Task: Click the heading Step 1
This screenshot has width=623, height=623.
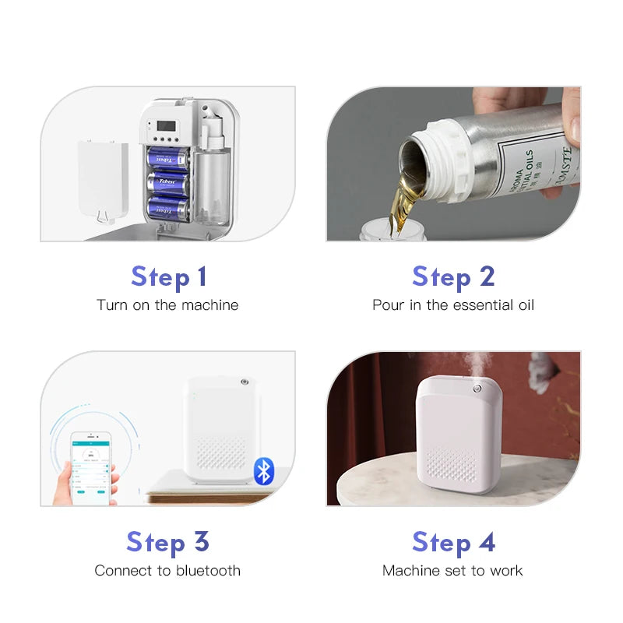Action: [x=168, y=276]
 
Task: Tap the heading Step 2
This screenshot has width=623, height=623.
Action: [x=453, y=276]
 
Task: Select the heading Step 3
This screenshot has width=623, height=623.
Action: [x=168, y=542]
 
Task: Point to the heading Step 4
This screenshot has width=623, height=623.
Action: [x=453, y=542]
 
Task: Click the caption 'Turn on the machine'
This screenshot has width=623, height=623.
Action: [x=167, y=305]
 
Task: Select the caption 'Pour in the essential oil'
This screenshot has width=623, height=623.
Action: [x=453, y=305]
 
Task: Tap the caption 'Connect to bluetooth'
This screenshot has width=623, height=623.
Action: [x=167, y=571]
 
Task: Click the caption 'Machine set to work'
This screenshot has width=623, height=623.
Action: [x=452, y=571]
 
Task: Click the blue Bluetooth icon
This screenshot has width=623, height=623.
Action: [x=264, y=470]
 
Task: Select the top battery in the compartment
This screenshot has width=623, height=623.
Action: [x=168, y=157]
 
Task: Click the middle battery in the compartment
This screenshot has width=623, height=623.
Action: [x=168, y=183]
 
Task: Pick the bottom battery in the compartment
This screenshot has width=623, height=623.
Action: [x=168, y=209]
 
